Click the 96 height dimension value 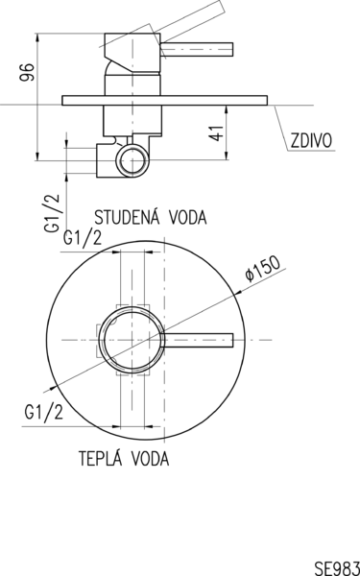27,72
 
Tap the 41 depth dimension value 217,133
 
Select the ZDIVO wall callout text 311,140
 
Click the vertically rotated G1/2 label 52,213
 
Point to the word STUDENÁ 127,217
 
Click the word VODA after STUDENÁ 188,217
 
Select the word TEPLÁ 101,458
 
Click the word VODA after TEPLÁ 151,459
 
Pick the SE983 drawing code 337,567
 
